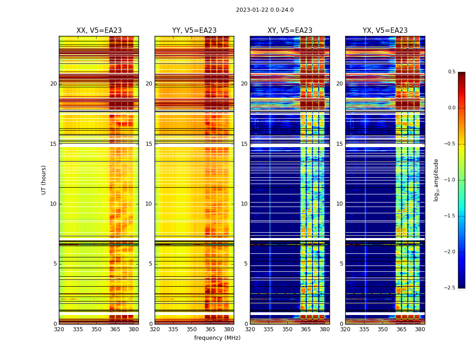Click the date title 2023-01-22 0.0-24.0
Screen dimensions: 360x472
(264, 10)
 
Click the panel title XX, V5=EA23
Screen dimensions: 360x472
(99, 31)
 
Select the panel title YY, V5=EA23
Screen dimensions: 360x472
(194, 31)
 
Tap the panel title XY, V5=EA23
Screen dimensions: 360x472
(289, 31)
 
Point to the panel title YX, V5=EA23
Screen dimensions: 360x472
(385, 31)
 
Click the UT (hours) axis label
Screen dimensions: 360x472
(44, 180)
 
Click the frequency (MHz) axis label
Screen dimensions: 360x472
(217, 338)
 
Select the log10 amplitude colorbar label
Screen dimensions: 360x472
(436, 180)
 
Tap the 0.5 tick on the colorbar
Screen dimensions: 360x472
(451, 72)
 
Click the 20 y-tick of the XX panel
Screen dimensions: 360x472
(53, 84)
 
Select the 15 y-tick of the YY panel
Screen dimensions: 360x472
(149, 144)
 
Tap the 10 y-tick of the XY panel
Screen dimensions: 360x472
(244, 204)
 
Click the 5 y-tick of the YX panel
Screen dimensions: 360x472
(341, 264)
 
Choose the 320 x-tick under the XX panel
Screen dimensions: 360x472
(59, 329)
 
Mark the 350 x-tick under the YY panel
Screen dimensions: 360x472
(192, 329)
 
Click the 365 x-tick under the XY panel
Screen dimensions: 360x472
(306, 329)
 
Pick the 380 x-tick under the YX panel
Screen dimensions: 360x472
(420, 329)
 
